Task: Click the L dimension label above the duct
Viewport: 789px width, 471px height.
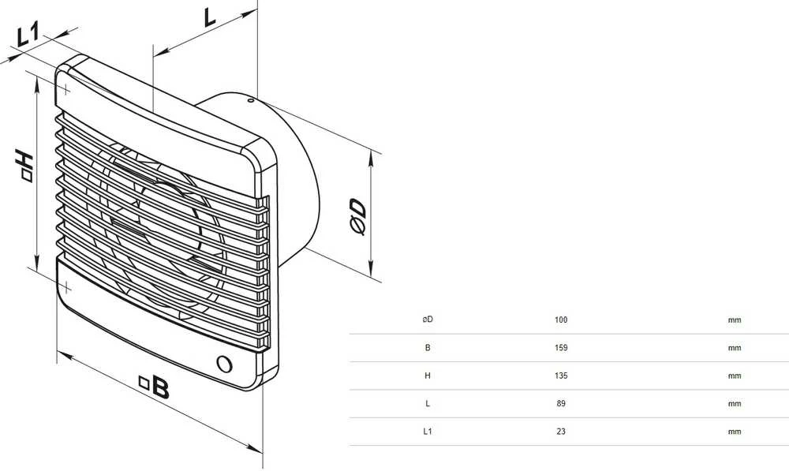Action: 209,17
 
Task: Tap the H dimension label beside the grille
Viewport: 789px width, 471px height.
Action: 24,165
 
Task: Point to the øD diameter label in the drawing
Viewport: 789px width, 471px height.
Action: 357,216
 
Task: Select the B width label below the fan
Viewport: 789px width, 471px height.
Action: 155,387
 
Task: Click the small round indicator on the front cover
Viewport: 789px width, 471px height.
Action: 224,364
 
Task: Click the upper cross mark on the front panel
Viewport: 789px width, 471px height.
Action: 65,90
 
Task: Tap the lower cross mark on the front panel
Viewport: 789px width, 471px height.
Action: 66,288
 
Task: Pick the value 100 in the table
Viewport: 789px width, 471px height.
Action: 560,320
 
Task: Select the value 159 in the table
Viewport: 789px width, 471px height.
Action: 560,348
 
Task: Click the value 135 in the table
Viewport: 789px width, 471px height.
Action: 560,376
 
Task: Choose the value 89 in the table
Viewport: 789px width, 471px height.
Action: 560,404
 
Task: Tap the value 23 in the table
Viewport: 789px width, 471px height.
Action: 560,432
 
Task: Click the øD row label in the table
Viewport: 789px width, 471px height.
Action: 427,320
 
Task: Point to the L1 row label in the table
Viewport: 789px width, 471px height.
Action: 427,432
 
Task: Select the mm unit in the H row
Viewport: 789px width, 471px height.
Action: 734,376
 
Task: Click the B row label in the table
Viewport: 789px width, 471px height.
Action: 428,348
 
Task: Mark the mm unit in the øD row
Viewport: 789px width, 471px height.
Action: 734,320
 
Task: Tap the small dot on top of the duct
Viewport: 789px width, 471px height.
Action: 250,101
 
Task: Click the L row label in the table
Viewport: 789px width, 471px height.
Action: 428,404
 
